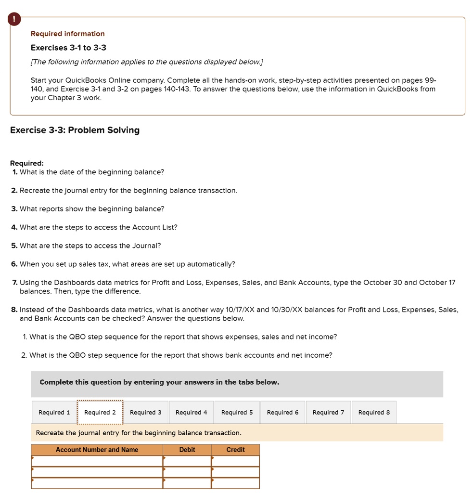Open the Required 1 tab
point(54,413)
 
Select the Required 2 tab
point(100,413)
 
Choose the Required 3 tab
point(146,413)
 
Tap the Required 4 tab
point(192,413)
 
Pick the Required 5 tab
point(237,413)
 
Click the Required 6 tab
point(282,413)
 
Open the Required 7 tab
point(328,413)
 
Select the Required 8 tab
point(374,413)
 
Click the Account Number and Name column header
point(97,450)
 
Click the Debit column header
point(187,450)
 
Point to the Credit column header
point(235,450)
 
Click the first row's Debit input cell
point(187,461)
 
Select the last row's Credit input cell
point(235,483)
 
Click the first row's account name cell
point(97,461)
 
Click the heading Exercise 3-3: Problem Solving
point(75,130)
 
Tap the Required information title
point(67,34)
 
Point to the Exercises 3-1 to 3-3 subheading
point(68,48)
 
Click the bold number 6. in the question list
point(14,264)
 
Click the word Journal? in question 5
point(149,246)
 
